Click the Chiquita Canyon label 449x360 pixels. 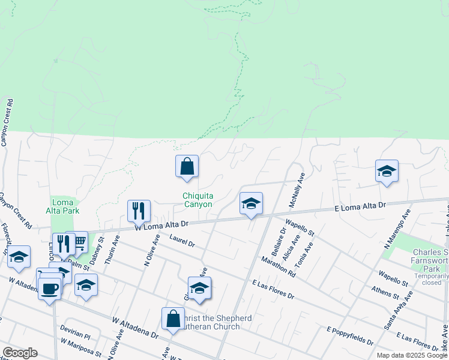[197, 200]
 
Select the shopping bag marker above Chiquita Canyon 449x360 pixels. [187, 166]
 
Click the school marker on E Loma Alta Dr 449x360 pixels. [251, 203]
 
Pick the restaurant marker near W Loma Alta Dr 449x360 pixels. [138, 211]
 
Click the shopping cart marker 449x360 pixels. [77, 242]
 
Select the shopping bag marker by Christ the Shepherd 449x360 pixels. [173, 319]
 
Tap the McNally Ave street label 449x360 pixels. [297, 190]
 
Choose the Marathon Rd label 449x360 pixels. [278, 267]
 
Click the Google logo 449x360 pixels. [20, 353]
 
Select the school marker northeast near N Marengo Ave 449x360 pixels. [387, 171]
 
